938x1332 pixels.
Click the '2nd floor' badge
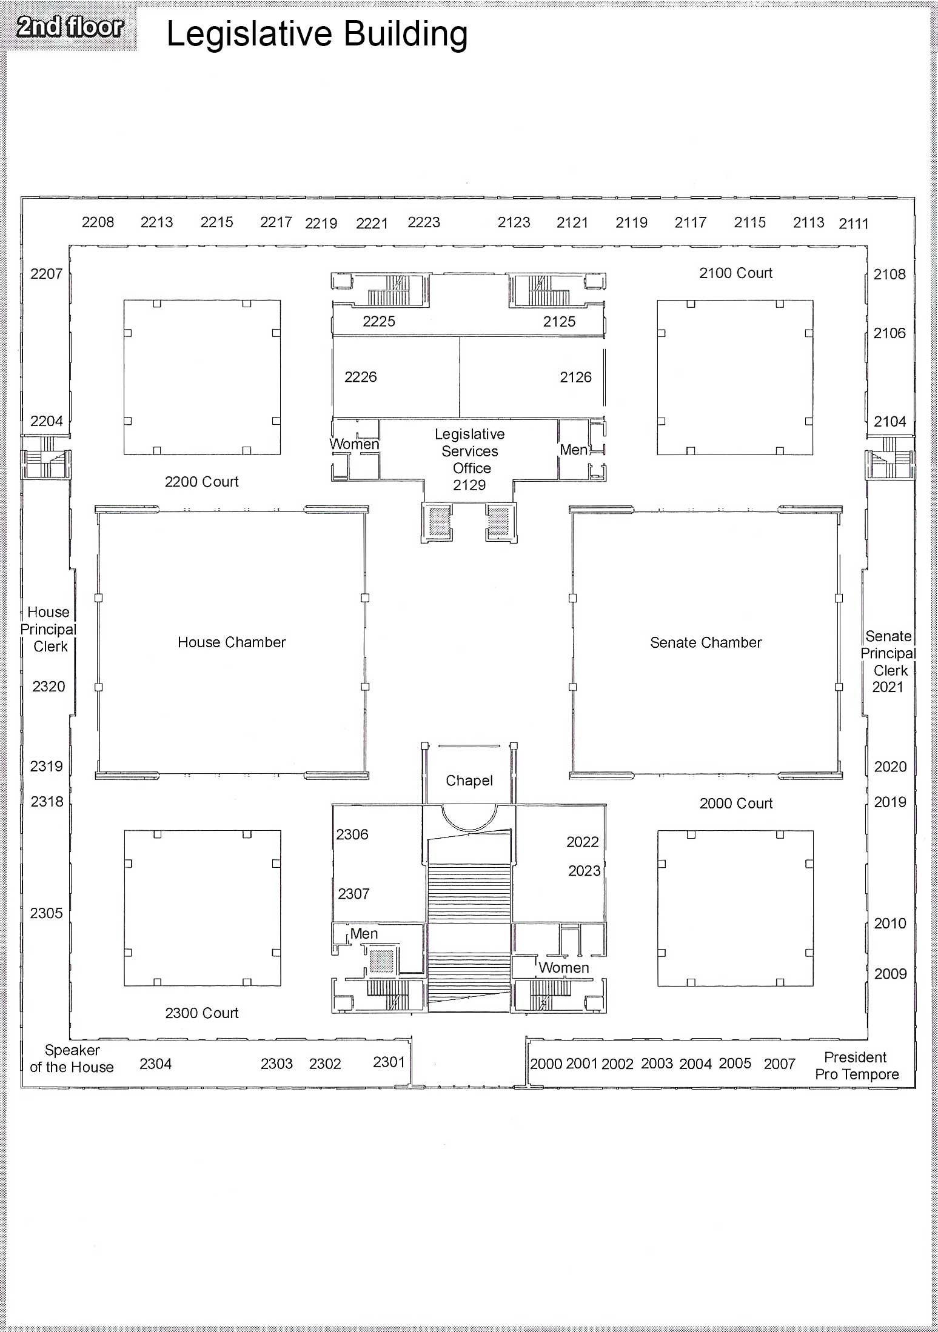[69, 27]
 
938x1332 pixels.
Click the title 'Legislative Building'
[317, 34]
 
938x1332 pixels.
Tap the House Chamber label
[232, 642]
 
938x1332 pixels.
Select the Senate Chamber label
[706, 642]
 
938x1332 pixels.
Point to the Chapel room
[469, 781]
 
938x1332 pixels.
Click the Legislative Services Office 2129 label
[470, 459]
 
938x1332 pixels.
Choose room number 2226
[360, 377]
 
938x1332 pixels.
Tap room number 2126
[575, 377]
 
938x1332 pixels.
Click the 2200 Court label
[201, 482]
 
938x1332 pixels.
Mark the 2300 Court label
[202, 1013]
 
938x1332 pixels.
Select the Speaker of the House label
[72, 1059]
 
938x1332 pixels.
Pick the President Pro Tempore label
[856, 1066]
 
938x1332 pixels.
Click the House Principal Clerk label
[49, 629]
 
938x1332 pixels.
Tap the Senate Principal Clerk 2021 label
[888, 661]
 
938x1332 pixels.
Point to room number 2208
[98, 222]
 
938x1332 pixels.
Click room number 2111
[854, 224]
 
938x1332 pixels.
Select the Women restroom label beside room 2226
[354, 444]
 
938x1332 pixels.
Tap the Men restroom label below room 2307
[364, 934]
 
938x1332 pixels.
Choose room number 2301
[389, 1062]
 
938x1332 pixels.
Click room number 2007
[779, 1064]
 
